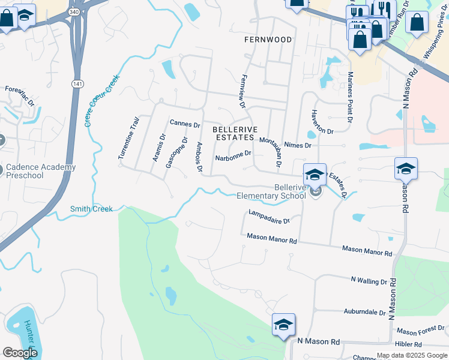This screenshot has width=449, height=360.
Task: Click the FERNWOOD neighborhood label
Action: [268, 40]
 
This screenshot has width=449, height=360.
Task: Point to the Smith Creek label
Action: [91, 209]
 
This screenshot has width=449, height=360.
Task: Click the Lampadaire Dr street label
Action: [269, 217]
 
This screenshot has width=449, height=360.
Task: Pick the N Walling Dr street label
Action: [369, 281]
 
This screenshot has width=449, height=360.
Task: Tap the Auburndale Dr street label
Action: [364, 313]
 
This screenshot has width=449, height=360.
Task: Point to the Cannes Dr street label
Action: [185, 124]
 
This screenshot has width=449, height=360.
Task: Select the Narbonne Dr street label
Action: [233, 154]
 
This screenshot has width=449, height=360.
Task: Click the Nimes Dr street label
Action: [298, 145]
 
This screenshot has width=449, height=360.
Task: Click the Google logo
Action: [21, 353]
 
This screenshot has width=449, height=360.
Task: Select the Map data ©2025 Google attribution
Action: [412, 356]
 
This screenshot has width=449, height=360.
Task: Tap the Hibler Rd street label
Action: [409, 344]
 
